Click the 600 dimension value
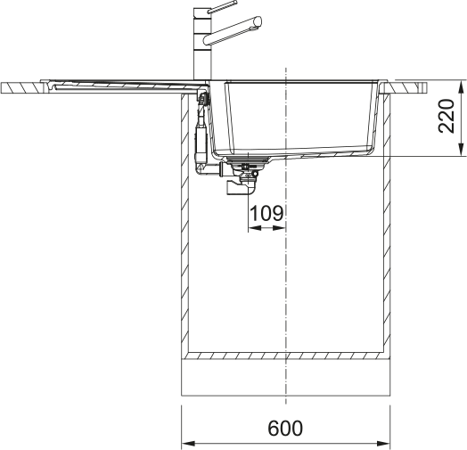[x=285, y=429]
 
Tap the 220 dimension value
[x=447, y=116]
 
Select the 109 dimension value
[x=266, y=213]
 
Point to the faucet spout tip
[x=258, y=21]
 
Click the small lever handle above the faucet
[x=222, y=6]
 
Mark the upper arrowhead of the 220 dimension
[x=461, y=88]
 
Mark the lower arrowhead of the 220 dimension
[x=461, y=149]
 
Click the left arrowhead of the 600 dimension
[x=189, y=443]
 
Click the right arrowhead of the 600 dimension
[x=383, y=443]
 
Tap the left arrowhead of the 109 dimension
[x=255, y=228]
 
